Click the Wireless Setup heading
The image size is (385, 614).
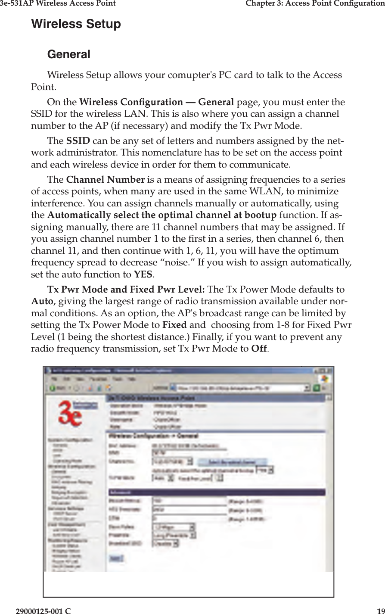(76, 24)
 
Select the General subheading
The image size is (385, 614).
(68, 55)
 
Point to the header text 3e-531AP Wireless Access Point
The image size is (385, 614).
(58, 4)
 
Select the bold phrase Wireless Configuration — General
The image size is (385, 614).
(157, 103)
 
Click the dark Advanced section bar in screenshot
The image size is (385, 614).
(215, 492)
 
